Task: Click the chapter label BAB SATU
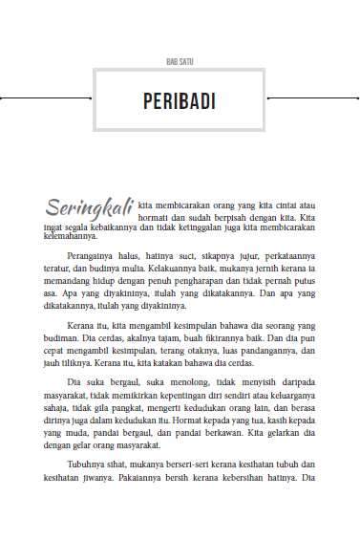180,61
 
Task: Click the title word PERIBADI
180,101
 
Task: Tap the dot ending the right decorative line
354,98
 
